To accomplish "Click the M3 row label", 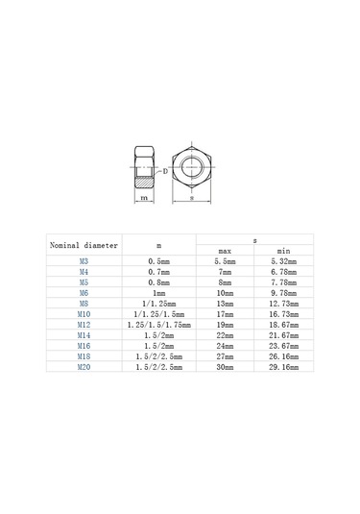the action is [84, 261].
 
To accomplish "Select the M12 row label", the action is [84, 325].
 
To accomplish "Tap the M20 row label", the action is [84, 367].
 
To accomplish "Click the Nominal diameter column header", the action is [84, 245].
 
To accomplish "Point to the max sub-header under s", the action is [225, 251].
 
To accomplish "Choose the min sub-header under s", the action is [283, 251].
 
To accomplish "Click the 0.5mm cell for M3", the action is [158, 261].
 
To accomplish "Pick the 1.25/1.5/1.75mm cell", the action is [158, 325].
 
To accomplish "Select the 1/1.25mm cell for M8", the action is [158, 304].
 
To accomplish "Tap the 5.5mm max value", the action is [225, 261].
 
